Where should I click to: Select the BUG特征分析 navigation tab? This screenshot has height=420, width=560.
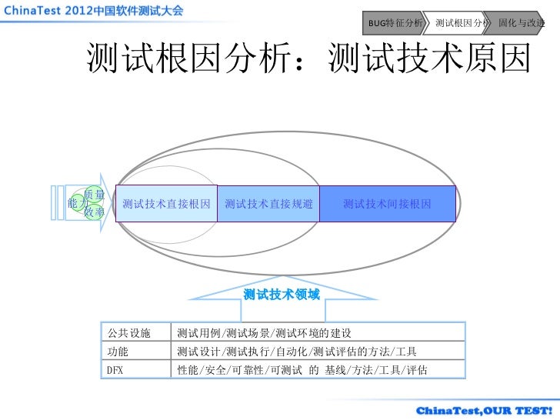coord(395,23)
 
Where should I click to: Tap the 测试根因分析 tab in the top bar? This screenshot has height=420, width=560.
coord(461,23)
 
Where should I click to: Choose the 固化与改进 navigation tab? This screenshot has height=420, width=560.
coord(521,23)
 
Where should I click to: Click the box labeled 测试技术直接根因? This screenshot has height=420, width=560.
coord(166,204)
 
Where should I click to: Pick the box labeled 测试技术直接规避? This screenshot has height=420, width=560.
coord(268,204)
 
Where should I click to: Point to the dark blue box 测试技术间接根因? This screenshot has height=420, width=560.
coord(387,204)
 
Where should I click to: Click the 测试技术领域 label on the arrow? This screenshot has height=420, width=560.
coord(282,295)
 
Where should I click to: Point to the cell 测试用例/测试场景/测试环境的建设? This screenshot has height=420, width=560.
coord(264,333)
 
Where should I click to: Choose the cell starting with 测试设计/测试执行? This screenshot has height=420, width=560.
coord(297,352)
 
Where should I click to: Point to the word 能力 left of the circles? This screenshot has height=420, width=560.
coord(77,203)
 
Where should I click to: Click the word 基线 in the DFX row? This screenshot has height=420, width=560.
coord(336,370)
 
